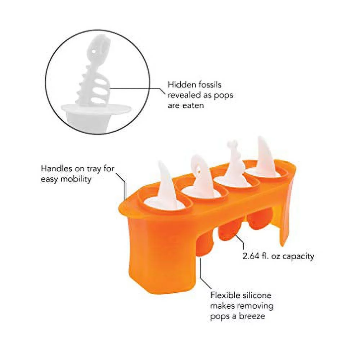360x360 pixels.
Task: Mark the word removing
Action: point(256,306)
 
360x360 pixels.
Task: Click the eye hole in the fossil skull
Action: point(95,51)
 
